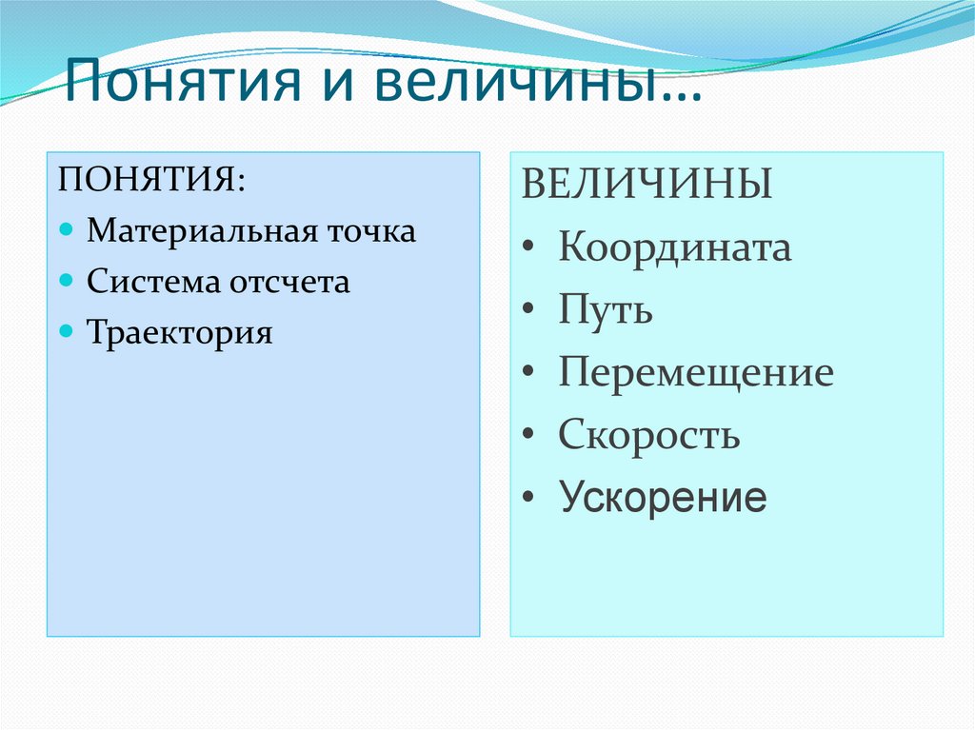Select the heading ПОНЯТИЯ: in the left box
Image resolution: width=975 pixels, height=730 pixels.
[151, 179]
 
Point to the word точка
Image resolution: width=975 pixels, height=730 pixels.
[372, 231]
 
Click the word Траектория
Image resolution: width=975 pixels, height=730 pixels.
[180, 333]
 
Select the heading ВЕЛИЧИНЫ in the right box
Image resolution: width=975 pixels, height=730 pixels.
[646, 184]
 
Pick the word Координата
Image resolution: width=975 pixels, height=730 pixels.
[674, 247]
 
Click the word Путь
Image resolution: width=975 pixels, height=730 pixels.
[605, 310]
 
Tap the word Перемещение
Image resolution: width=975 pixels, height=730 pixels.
[695, 372]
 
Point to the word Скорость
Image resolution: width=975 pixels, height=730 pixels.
[648, 435]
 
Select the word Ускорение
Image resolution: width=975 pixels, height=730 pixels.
[662, 497]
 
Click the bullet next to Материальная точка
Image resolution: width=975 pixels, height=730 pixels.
[66, 231]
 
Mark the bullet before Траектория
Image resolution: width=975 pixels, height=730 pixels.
[66, 333]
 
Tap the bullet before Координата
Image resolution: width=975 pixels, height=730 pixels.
[528, 248]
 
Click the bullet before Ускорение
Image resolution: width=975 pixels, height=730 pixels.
[528, 498]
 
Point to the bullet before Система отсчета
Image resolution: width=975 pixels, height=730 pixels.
[66, 282]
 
